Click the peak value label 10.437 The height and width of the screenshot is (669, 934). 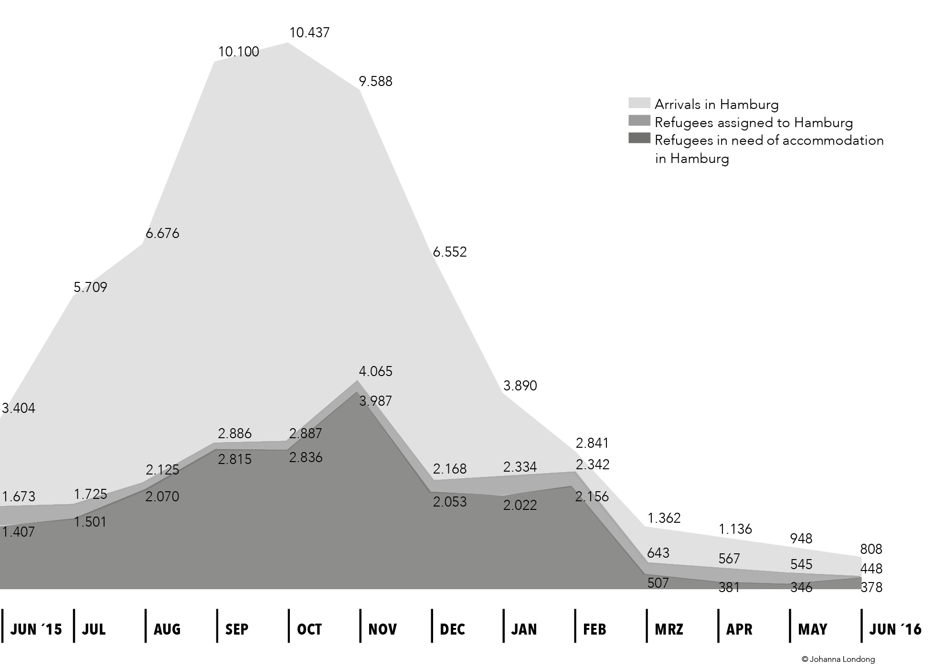[309, 33]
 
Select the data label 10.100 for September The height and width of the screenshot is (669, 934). [239, 52]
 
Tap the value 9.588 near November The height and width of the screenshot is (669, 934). [376, 82]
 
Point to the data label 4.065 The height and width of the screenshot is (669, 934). [376, 371]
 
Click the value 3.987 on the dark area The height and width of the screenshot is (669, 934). [376, 401]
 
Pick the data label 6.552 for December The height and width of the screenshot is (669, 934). [450, 252]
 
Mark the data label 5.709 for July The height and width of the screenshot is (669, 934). [90, 287]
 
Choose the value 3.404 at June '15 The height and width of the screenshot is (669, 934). [19, 408]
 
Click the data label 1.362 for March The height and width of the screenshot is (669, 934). [664, 518]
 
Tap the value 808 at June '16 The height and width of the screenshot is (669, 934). [871, 549]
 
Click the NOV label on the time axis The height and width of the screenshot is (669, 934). [382, 629]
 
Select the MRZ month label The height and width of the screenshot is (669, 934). [669, 629]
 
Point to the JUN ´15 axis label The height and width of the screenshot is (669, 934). [36, 629]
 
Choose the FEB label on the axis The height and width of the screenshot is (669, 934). [595, 629]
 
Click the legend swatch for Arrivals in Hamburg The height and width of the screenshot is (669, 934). [639, 103]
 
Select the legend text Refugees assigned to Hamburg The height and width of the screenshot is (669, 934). [754, 123]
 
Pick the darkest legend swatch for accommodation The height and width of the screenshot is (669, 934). [639, 138]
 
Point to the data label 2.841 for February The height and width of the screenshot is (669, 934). [593, 443]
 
